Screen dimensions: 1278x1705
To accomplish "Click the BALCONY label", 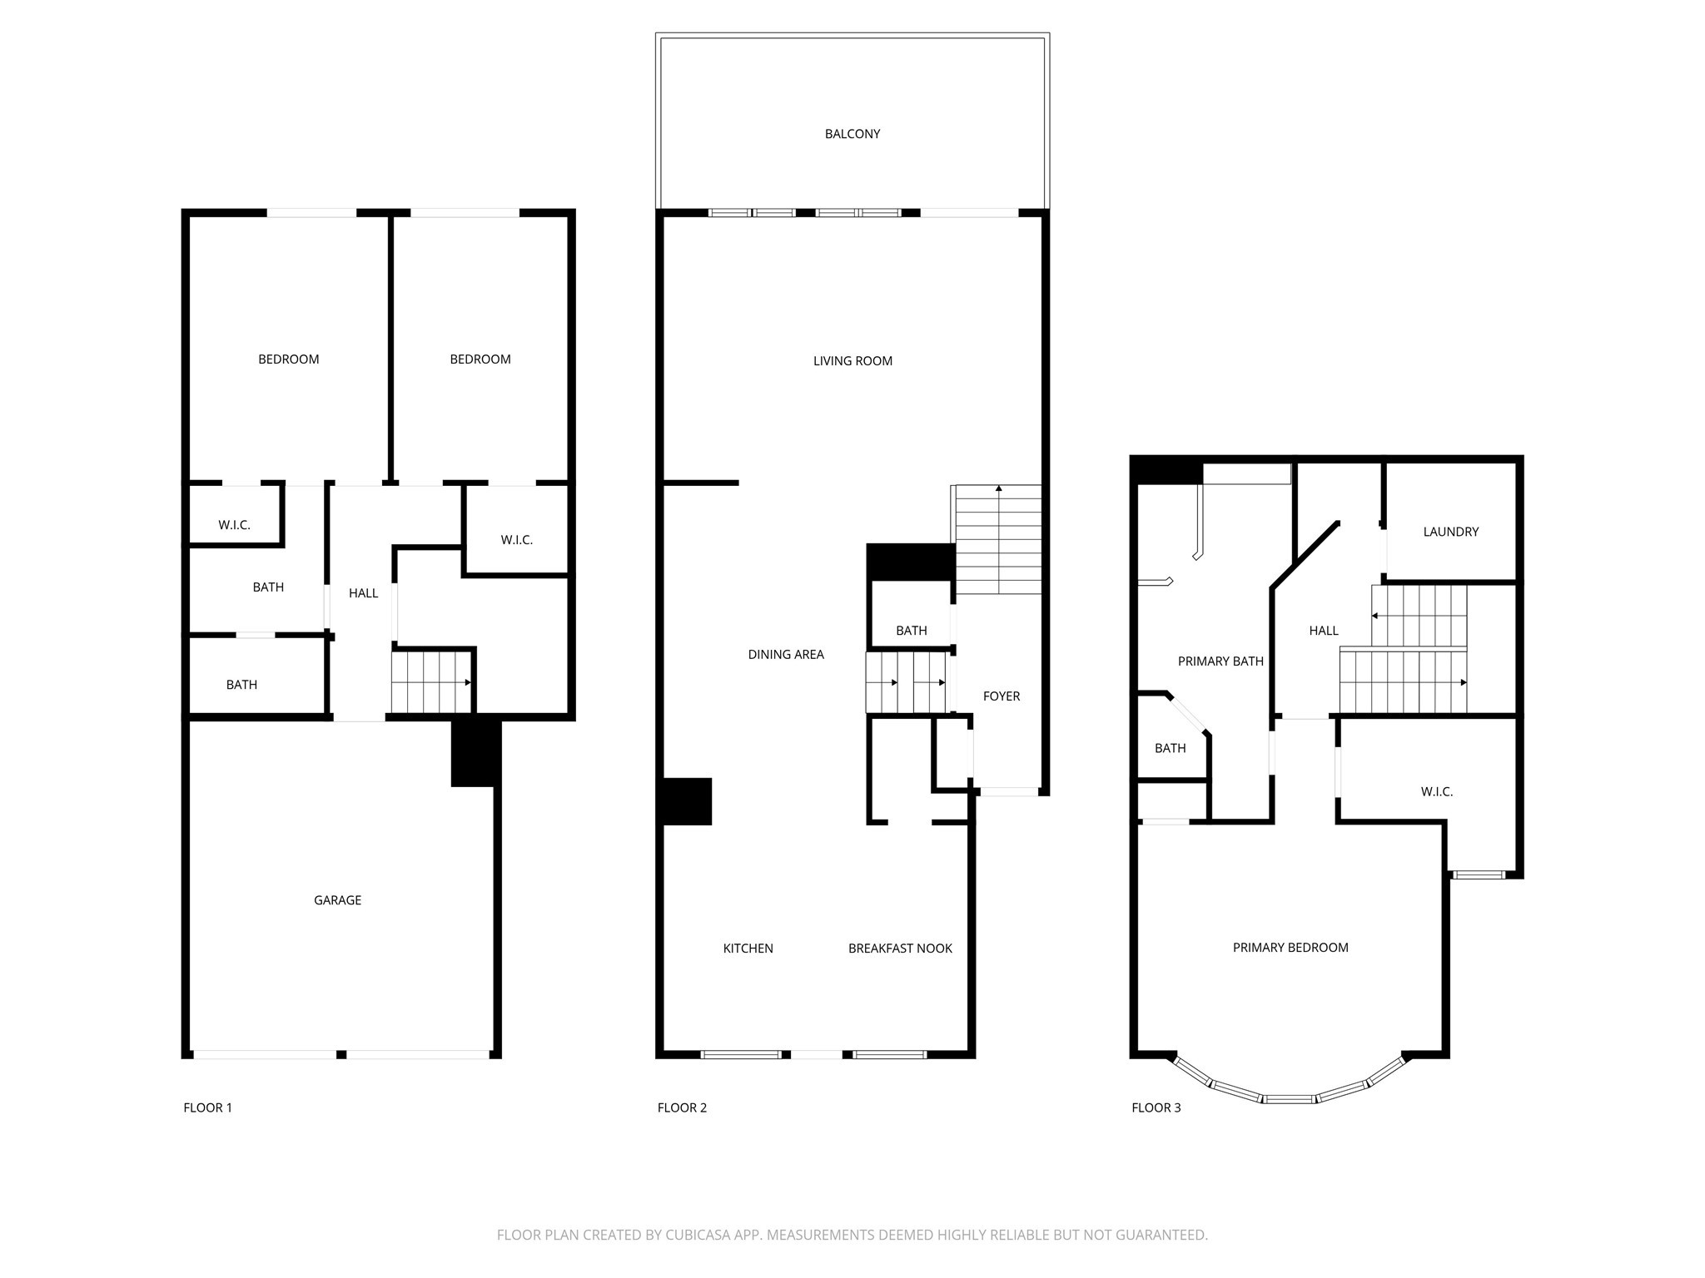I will coord(852,134).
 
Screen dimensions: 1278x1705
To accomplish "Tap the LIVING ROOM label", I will coord(852,361).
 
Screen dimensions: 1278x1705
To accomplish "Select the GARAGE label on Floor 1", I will coord(337,900).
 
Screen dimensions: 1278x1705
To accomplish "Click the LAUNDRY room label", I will coord(1450,532).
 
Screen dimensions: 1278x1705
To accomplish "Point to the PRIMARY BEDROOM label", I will coord(1290,948).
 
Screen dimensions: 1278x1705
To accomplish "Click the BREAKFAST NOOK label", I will coord(900,949).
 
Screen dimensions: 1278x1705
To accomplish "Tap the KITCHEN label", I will coord(748,949).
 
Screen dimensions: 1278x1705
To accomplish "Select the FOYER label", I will coord(1001,696).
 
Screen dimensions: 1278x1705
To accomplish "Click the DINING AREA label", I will coord(785,655).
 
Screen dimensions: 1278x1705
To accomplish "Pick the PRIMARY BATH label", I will coord(1220,661).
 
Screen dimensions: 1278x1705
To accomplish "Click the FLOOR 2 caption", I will coord(682,1107).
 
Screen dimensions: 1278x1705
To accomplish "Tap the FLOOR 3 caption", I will coord(1156,1107).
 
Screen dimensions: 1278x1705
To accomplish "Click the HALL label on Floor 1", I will coord(363,593).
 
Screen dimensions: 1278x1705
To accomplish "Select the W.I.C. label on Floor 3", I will coord(1436,792).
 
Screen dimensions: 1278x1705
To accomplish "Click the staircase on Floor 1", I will coord(431,682).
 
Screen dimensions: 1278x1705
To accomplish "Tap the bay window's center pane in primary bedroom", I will coord(1289,1099).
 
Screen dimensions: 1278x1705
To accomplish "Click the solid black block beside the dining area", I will coord(686,801).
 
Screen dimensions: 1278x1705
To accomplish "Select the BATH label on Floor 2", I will coord(911,631).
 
